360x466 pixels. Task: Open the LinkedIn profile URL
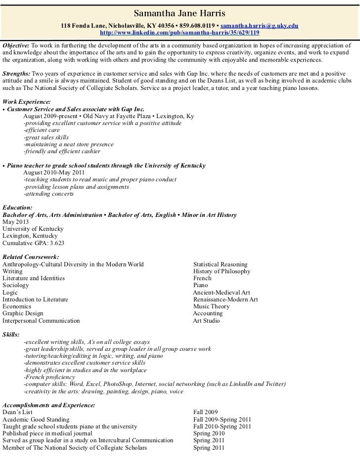[180, 33]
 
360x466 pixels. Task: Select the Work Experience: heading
[26, 101]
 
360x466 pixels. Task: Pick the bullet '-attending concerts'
[48, 194]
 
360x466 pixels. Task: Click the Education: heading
[17, 208]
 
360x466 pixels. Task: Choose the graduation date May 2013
[15, 222]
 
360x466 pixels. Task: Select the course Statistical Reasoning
[220, 264]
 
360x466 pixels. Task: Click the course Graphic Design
[23, 313]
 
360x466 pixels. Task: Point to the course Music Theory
[211, 306]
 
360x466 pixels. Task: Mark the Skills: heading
[11, 335]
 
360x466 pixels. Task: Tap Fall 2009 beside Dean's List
[205, 412]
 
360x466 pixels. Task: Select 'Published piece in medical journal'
[47, 433]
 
